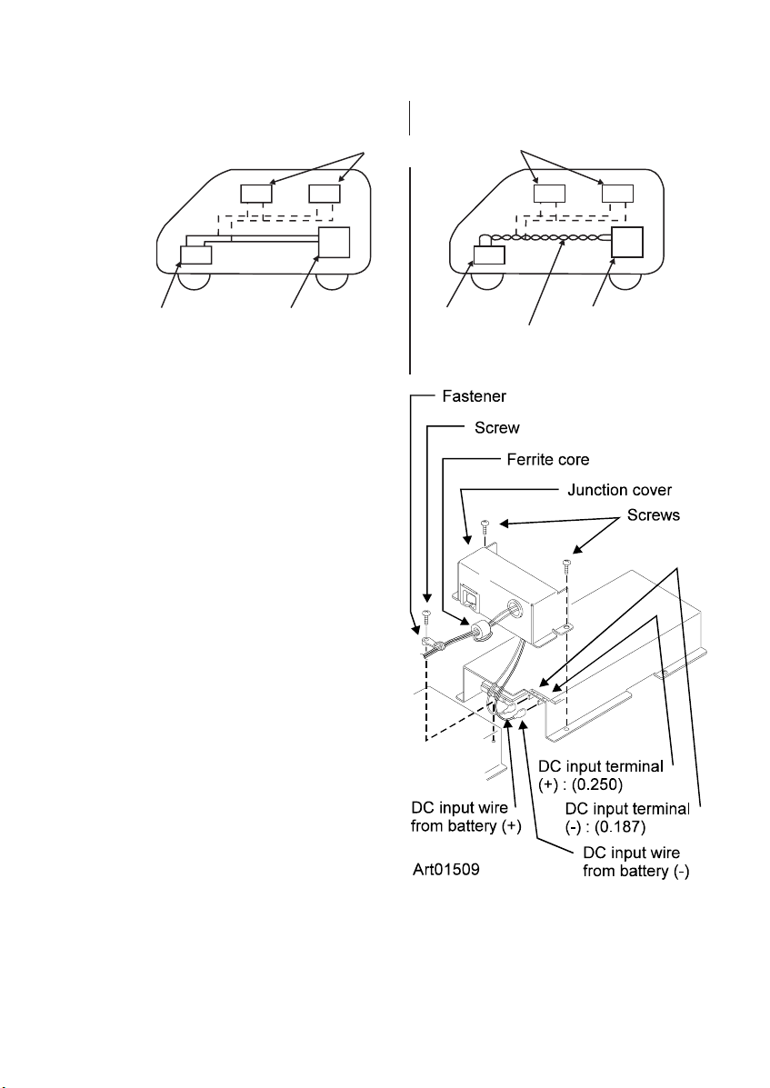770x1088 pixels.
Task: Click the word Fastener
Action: pyautogui.click(x=475, y=396)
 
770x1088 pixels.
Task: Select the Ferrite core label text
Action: pyautogui.click(x=548, y=459)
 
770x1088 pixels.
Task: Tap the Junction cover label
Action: pyautogui.click(x=619, y=490)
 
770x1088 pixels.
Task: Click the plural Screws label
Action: pyautogui.click(x=654, y=514)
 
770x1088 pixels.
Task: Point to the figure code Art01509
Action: pyautogui.click(x=446, y=869)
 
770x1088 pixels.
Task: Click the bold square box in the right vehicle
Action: pyautogui.click(x=627, y=242)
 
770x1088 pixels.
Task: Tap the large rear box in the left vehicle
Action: pyautogui.click(x=335, y=242)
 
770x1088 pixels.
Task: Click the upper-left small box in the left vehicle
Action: pyautogui.click(x=256, y=193)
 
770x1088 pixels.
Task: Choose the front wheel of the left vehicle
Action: pyautogui.click(x=195, y=279)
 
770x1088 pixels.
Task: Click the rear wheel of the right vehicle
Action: pyautogui.click(x=625, y=279)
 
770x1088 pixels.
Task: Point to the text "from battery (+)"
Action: pyautogui.click(x=465, y=825)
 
